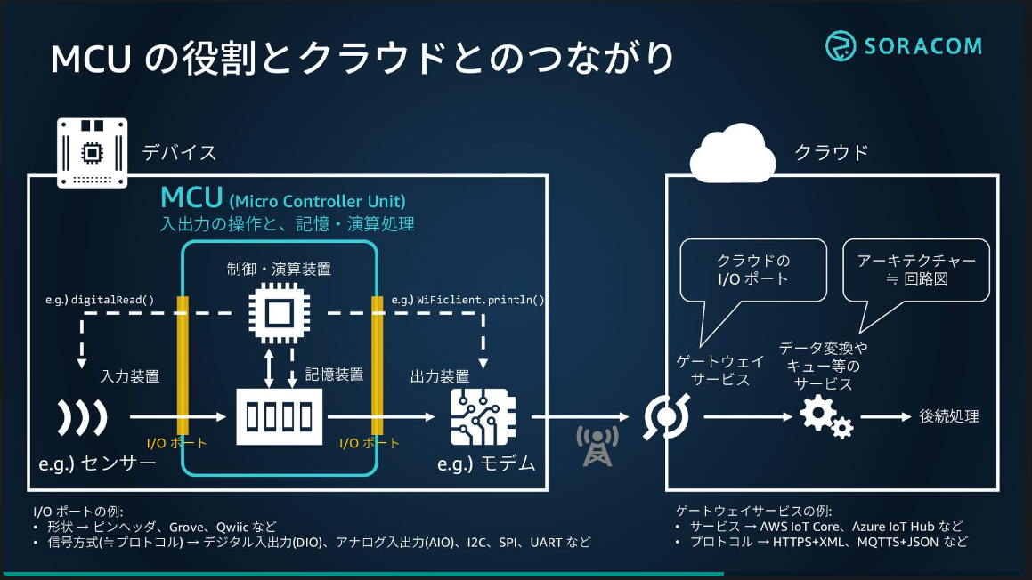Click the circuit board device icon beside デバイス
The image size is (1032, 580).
click(92, 152)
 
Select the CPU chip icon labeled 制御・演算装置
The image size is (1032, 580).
click(279, 314)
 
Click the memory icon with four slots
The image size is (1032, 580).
click(280, 416)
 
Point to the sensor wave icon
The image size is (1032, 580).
click(82, 416)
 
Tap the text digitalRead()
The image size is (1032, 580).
click(111, 300)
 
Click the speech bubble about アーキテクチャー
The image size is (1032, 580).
click(915, 268)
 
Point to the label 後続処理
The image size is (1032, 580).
click(949, 416)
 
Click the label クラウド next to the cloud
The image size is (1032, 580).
click(831, 152)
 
